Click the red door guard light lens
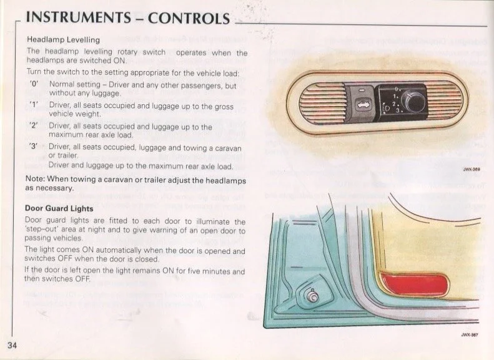point(414,283)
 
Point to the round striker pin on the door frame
point(312,296)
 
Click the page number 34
point(12,345)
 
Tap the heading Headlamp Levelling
point(63,39)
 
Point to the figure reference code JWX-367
point(470,335)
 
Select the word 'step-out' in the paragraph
point(43,230)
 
